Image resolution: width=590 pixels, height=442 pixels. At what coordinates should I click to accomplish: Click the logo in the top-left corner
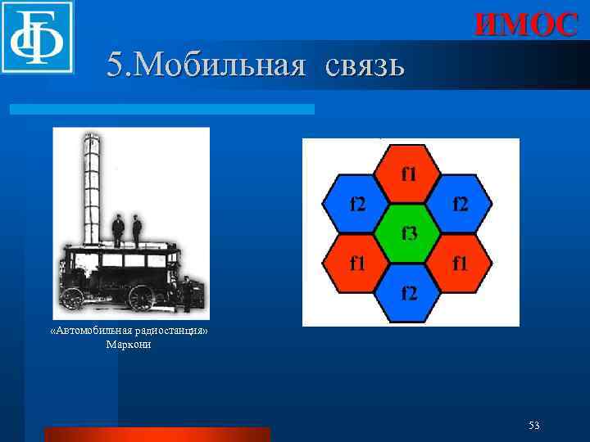coord(37,37)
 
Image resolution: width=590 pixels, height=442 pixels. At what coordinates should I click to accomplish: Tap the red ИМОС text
coord(526,25)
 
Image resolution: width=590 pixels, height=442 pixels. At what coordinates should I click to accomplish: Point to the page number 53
coord(534,425)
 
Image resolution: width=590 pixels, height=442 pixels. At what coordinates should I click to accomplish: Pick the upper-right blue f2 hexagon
coord(461,203)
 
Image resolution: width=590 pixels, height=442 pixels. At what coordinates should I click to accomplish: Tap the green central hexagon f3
coord(409,233)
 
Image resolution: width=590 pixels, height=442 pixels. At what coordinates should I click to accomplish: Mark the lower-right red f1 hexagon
coord(461,263)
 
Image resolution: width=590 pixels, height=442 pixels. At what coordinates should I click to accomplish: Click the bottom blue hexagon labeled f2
coord(409,293)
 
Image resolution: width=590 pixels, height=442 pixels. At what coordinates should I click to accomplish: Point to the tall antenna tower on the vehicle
coord(90,188)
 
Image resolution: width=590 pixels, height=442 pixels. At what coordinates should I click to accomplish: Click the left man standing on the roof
coord(118,230)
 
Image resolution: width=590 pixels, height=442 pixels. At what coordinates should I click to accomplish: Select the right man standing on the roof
coord(137,230)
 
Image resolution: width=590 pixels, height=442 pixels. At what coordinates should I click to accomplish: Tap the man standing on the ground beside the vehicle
coord(188,294)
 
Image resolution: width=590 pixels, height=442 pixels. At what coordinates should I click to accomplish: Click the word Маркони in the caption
coord(129,345)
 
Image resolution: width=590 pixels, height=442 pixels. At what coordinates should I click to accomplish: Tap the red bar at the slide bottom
coord(157,434)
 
